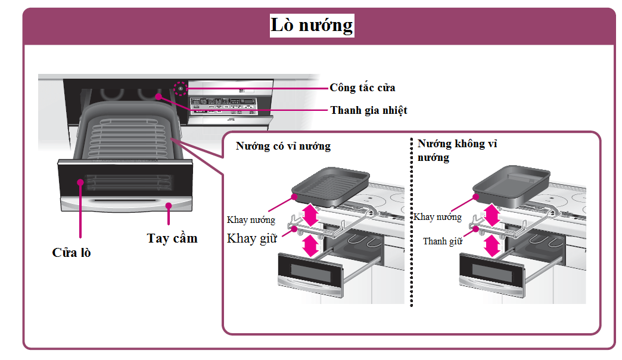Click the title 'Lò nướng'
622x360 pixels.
pos(312,26)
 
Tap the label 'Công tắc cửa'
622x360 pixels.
pos(362,88)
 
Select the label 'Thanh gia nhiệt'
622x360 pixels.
pos(368,110)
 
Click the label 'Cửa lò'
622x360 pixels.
pos(71,252)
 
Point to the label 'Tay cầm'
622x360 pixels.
pos(172,238)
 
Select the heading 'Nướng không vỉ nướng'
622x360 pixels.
pos(457,150)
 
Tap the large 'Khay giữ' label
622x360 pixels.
pos(252,238)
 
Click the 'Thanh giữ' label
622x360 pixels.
pos(443,241)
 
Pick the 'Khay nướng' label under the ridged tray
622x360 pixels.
pos(251,220)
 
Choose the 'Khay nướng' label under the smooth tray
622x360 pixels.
pos(437,217)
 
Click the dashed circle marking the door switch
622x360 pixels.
pos(180,89)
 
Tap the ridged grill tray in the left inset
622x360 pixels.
pos(331,184)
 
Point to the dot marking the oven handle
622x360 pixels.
pos(169,206)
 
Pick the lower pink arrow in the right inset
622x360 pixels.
pos(491,244)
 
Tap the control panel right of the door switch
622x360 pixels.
pos(226,104)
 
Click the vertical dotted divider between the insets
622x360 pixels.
pos(412,226)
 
